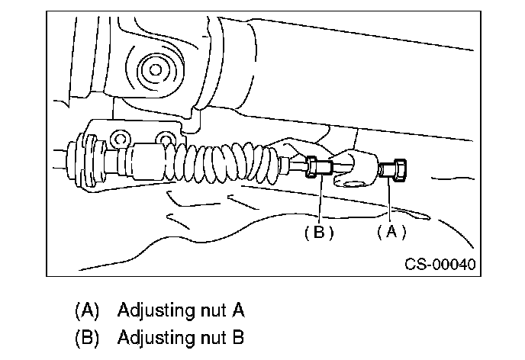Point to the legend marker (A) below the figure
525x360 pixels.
(x=88, y=311)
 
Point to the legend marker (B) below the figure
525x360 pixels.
(x=88, y=336)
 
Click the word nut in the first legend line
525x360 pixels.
(x=208, y=311)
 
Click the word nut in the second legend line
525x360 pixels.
(x=208, y=336)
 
